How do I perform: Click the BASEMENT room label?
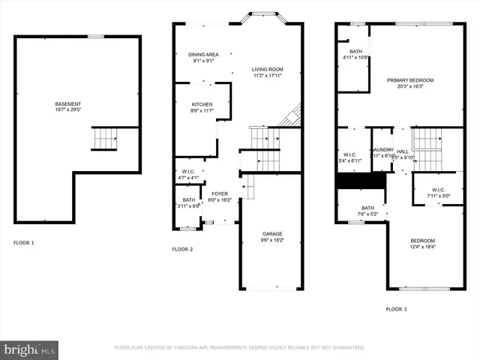pos(68,103)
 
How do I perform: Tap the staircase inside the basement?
pos(104,139)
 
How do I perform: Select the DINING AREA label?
pos(203,55)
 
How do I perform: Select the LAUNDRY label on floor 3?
pos(382,149)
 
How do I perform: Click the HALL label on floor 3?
pos(403,149)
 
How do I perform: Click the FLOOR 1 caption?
pos(24,243)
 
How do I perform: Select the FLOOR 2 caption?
pos(182,249)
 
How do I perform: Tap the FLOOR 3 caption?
pos(397,309)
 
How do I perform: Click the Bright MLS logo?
pos(30,349)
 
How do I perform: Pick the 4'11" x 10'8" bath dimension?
pos(354,57)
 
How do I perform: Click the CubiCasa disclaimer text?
pos(239,348)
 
